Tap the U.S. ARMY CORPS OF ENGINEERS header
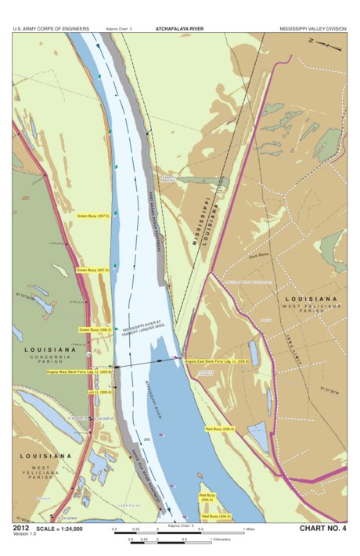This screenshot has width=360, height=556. tap(51, 27)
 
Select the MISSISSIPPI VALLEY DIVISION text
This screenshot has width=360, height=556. tap(313, 27)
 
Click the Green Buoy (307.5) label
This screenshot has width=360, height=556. tap(92, 214)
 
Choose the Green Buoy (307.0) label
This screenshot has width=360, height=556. tap(92, 270)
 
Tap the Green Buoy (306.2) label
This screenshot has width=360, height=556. tap(95, 330)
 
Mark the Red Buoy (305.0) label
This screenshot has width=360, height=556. tap(220, 429)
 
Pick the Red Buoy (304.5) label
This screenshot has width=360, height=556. tap(207, 497)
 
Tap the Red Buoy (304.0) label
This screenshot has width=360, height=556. tap(215, 516)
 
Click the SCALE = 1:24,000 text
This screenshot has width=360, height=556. tap(63, 529)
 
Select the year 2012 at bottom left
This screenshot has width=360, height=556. tap(22, 529)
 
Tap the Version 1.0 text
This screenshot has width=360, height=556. tap(23, 536)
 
